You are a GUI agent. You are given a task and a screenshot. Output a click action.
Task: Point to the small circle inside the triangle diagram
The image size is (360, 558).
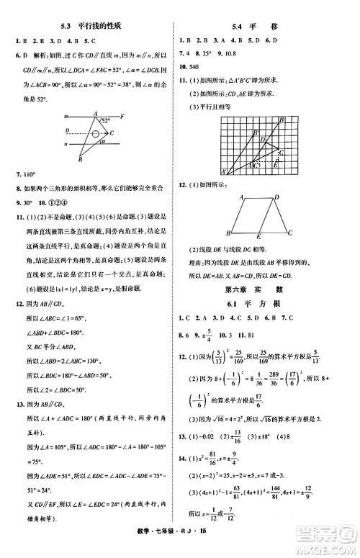94,133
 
